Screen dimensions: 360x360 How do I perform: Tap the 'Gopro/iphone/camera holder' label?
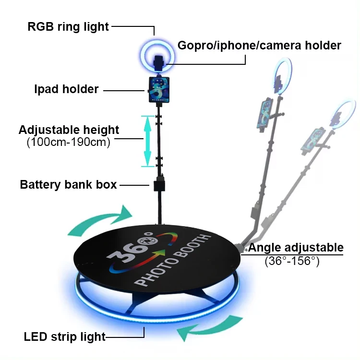259,46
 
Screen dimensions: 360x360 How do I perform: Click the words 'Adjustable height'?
69,130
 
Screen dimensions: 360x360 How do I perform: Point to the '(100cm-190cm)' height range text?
69,142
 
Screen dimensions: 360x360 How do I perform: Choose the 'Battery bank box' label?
68,184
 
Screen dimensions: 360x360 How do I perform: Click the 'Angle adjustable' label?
296,248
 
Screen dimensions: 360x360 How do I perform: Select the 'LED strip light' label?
64,336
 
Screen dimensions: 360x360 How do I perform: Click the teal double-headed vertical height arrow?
147,141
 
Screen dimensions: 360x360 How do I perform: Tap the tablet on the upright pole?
158,89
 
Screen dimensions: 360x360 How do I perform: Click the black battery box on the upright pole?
160,186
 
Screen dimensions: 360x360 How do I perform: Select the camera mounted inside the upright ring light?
158,61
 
